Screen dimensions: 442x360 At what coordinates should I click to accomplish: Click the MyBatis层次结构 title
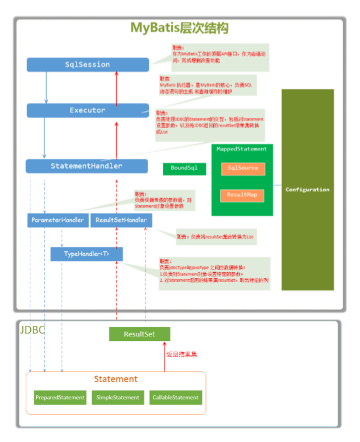[x=179, y=28]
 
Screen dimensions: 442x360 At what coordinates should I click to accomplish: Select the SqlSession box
[x=88, y=65]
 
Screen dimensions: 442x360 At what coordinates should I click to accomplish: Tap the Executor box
[x=88, y=110]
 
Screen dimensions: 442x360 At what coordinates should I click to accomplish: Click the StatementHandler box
[x=86, y=166]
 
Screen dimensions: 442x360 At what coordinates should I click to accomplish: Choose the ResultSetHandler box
[x=121, y=220]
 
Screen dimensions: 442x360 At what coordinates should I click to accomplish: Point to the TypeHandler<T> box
[x=86, y=254]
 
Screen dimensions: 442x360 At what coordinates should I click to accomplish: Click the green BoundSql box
[x=184, y=169]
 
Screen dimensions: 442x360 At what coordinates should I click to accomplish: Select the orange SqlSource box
[x=243, y=168]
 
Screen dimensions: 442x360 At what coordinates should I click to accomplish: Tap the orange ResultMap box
[x=243, y=195]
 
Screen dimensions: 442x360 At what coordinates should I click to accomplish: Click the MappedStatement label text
[x=242, y=149]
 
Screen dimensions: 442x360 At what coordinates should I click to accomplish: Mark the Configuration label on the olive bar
[x=307, y=190]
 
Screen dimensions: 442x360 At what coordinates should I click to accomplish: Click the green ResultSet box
[x=139, y=334]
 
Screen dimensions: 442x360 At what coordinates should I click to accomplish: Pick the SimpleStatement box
[x=118, y=397]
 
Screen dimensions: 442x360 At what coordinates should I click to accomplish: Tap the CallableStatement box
[x=176, y=397]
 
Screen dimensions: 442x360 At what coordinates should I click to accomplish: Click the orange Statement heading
[x=116, y=379]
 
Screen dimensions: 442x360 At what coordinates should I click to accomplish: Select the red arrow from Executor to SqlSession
[x=117, y=87]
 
